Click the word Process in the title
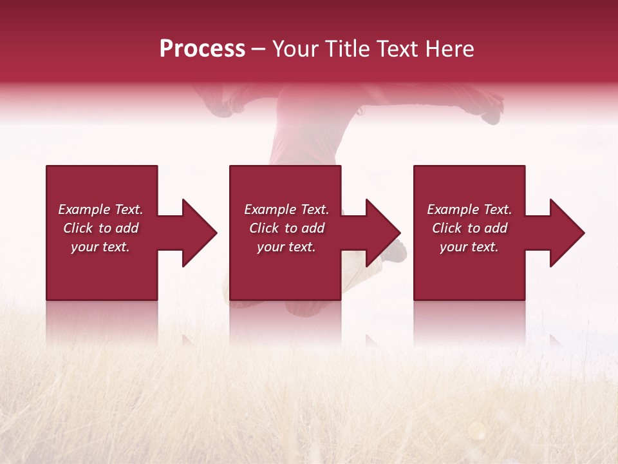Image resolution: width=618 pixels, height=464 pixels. coord(202,49)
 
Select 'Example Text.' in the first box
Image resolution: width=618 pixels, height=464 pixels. coord(100,209)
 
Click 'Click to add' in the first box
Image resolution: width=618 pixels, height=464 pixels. coord(100,228)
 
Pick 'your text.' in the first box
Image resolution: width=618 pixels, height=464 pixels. coord(100,247)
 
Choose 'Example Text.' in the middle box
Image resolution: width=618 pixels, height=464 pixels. coord(286,209)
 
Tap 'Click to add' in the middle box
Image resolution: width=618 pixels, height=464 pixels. coord(286,228)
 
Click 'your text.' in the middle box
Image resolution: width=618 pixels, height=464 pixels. coord(286,247)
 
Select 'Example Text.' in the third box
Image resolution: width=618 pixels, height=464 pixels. coord(469,209)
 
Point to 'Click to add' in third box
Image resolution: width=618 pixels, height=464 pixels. coord(469,228)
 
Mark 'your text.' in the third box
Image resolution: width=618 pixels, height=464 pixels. coord(469,247)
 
